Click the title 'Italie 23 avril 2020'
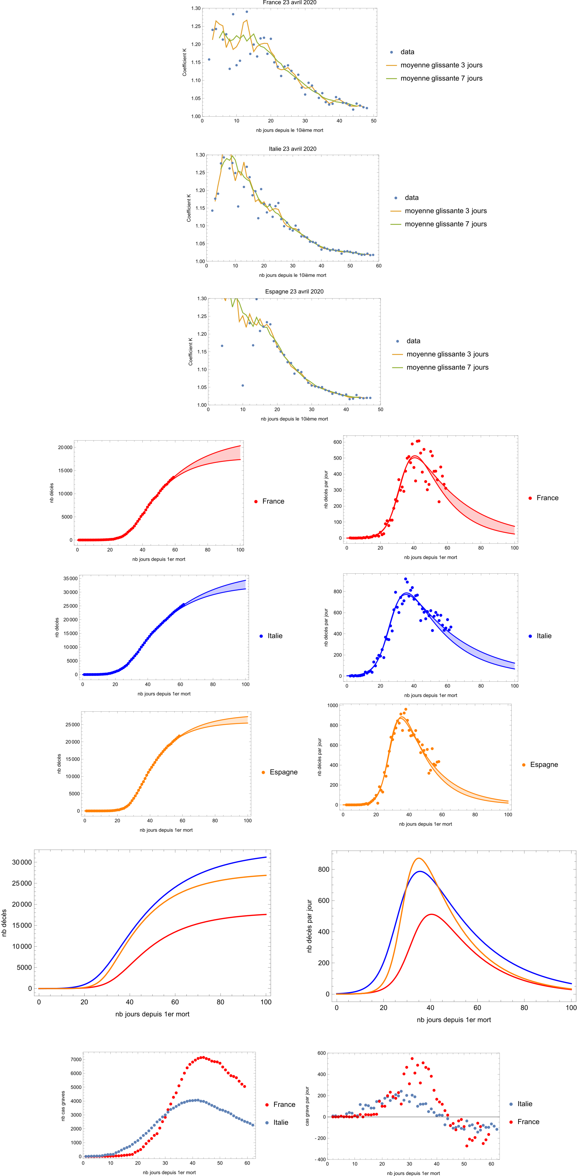(292, 149)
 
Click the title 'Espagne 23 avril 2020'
(294, 292)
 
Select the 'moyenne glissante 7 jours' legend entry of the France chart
(441, 78)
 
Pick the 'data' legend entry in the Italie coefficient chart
(411, 198)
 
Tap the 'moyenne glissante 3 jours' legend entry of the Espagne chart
(447, 354)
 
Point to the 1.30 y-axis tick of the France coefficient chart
(196, 8)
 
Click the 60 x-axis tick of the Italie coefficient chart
(379, 266)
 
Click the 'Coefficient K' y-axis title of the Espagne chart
(191, 352)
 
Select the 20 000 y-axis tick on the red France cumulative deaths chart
(65, 447)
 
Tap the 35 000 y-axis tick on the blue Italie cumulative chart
(70, 579)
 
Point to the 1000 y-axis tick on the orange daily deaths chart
(332, 705)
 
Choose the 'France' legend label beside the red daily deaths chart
(547, 498)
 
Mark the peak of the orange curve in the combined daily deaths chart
(418, 858)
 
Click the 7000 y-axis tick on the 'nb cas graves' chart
(76, 1060)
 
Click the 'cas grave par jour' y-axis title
(307, 1106)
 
